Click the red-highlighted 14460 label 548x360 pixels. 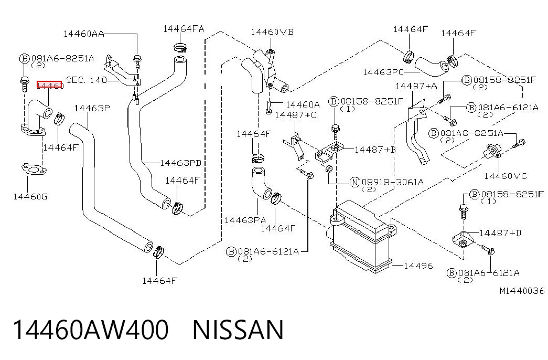pyautogui.click(x=49, y=85)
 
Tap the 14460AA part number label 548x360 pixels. pyautogui.click(x=84, y=34)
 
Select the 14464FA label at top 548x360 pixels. pyautogui.click(x=184, y=28)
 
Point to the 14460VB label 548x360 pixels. pyautogui.click(x=272, y=32)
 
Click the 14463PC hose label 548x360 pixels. pyautogui.click(x=383, y=72)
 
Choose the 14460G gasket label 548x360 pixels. pyautogui.click(x=30, y=196)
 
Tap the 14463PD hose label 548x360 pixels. pyautogui.click(x=181, y=163)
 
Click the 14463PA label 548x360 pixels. pyautogui.click(x=245, y=220)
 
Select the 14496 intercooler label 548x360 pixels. pyautogui.click(x=418, y=266)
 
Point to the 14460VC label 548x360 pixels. pyautogui.click(x=505, y=176)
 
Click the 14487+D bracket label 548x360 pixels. pyautogui.click(x=500, y=233)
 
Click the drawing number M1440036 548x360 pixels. pyautogui.click(x=522, y=291)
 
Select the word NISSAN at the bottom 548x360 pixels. pyautogui.click(x=238, y=330)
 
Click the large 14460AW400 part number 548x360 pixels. pyautogui.click(x=91, y=330)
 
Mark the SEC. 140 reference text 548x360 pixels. pyautogui.click(x=87, y=80)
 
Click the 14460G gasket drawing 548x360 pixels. pyautogui.click(x=34, y=170)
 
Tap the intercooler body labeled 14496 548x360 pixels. pyautogui.click(x=362, y=236)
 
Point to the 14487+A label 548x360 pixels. pyautogui.click(x=416, y=86)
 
